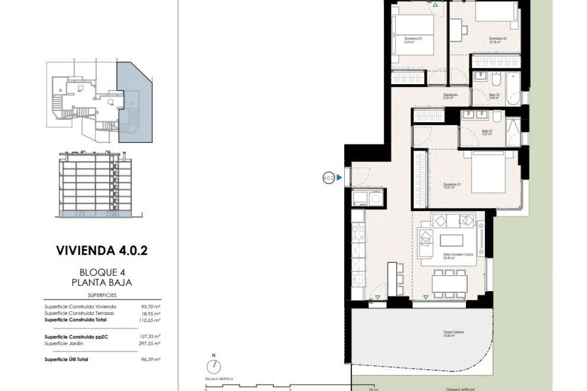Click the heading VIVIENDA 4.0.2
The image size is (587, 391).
click(x=102, y=251)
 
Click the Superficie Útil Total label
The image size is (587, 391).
click(x=66, y=359)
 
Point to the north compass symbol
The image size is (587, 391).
click(x=213, y=366)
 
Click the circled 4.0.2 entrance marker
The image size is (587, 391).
click(x=329, y=177)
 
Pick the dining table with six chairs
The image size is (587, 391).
click(x=449, y=283)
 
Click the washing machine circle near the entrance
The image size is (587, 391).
click(x=375, y=199)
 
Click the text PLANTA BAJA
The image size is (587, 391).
click(x=102, y=283)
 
